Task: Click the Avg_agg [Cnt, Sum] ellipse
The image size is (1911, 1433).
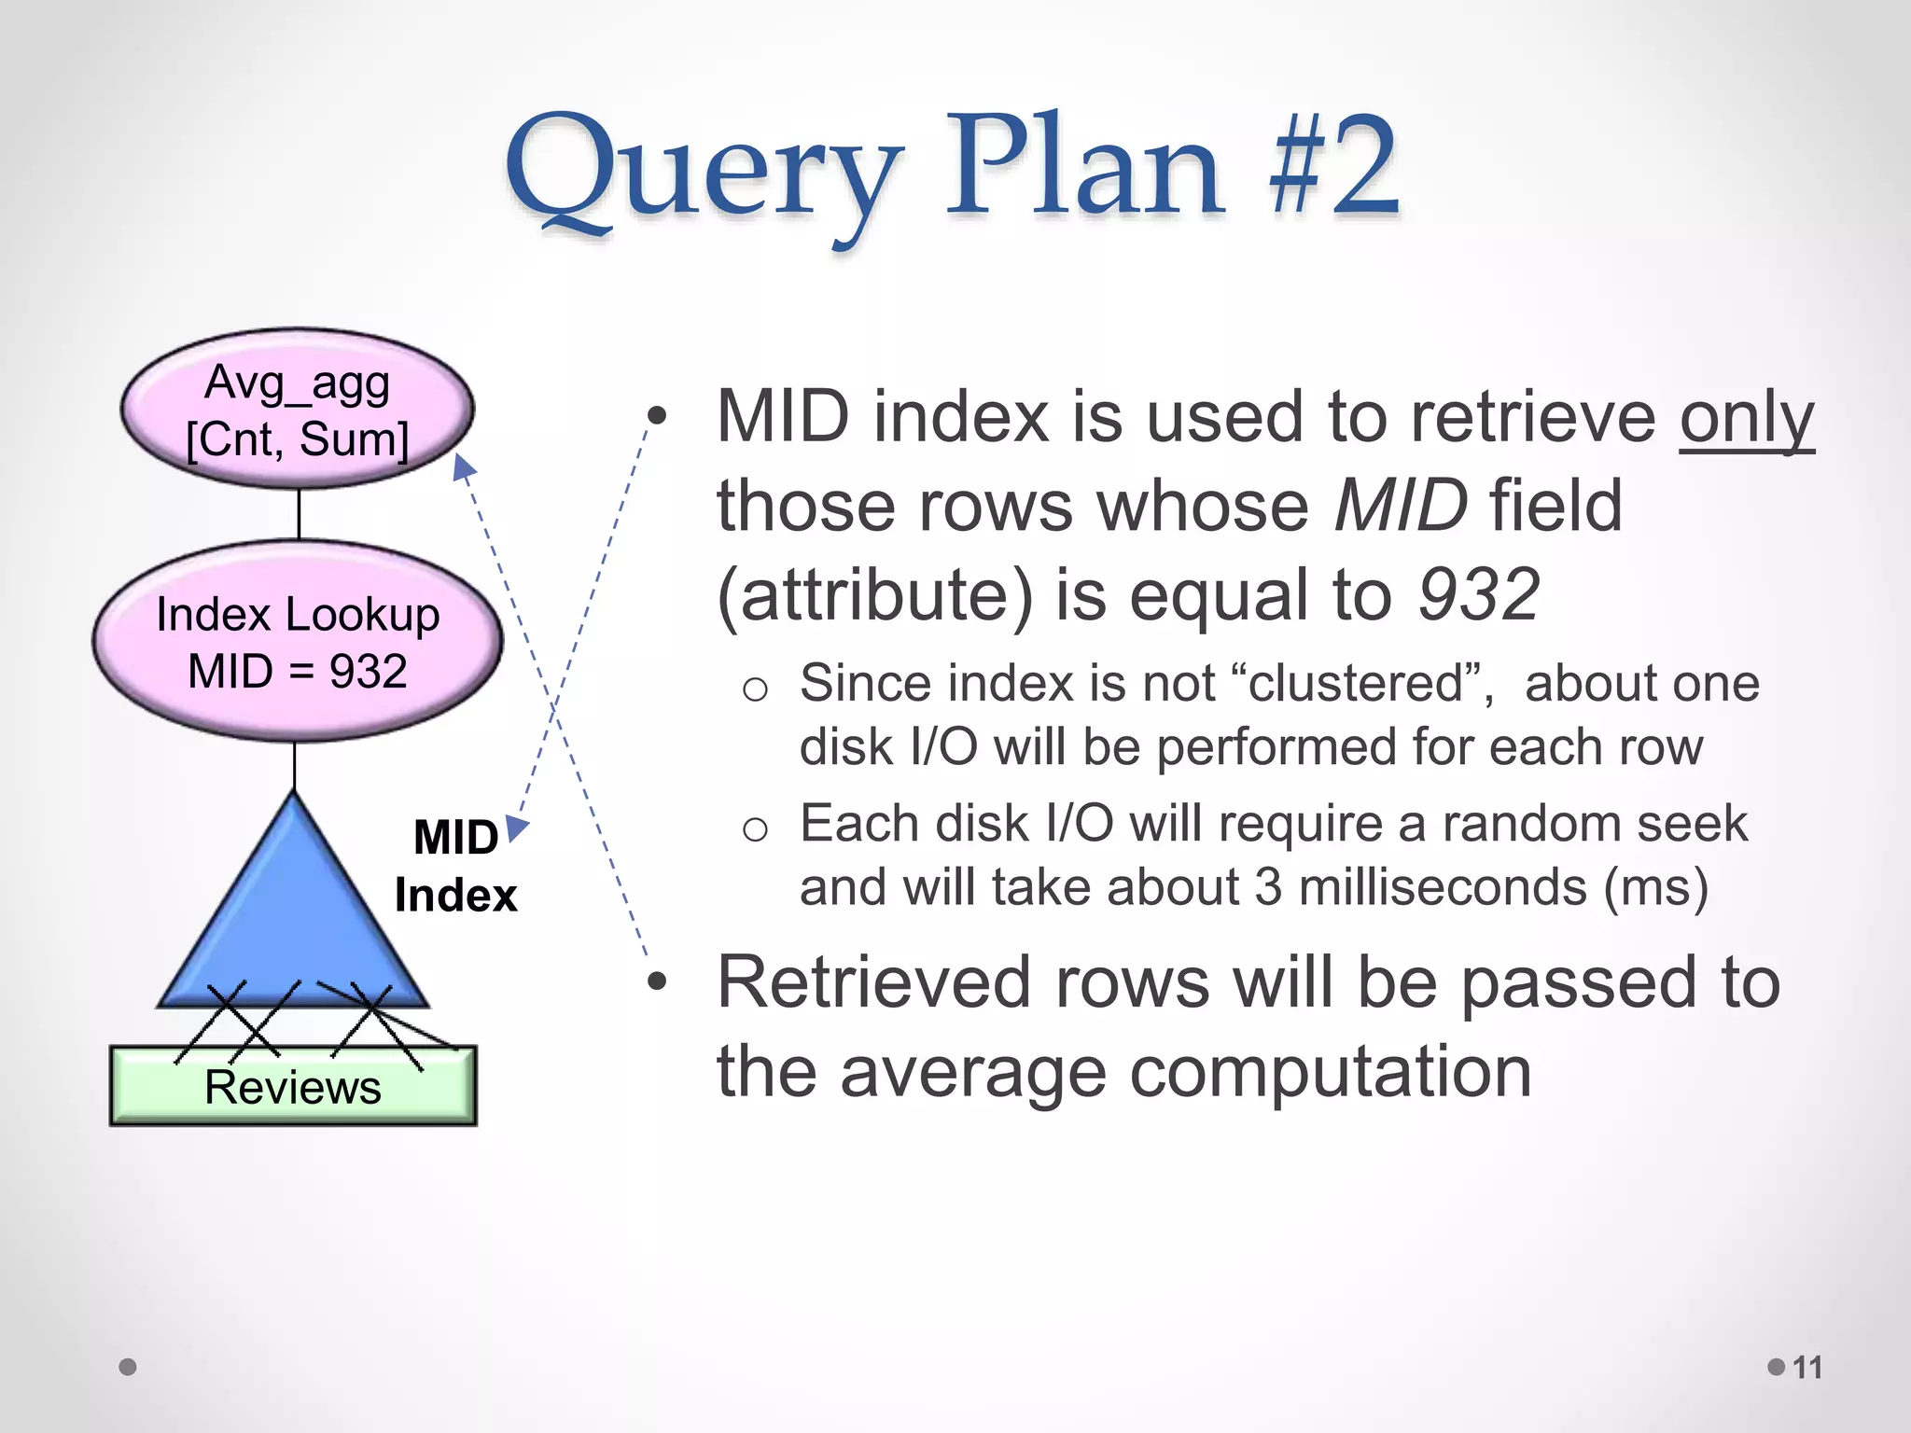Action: click(x=297, y=409)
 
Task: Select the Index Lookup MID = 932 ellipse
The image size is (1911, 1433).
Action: click(x=297, y=642)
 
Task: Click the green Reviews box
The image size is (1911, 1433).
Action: click(x=293, y=1088)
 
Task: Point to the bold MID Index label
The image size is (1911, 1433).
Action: click(x=455, y=866)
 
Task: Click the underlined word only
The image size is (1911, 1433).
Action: click(x=1747, y=417)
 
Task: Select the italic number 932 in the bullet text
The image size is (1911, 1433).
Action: click(x=1479, y=594)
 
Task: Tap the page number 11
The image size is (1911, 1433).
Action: click(x=1807, y=1368)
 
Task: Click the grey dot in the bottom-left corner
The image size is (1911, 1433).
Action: click(x=128, y=1367)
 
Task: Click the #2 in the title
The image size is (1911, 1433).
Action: click(x=1334, y=168)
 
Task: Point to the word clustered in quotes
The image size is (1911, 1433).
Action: click(x=1356, y=683)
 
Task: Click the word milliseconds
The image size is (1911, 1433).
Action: click(x=1443, y=887)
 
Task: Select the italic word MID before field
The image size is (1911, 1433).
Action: click(x=1400, y=506)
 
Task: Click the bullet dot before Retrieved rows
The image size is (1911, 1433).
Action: click(x=658, y=981)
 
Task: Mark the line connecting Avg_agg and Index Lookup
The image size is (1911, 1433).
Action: click(x=299, y=513)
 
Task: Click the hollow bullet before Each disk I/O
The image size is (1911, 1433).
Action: click(x=755, y=828)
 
